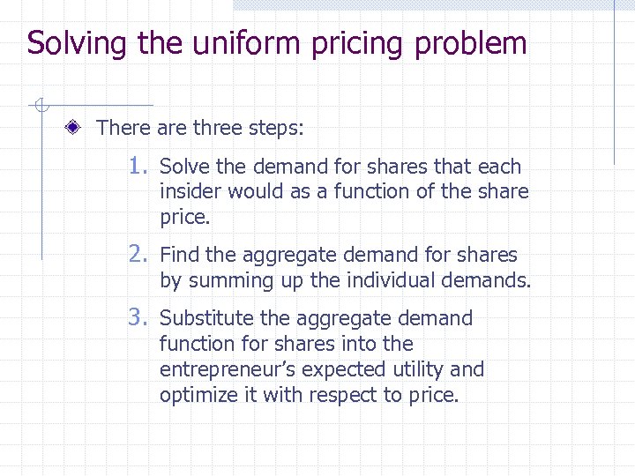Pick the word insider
(x=190, y=191)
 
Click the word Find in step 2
(x=180, y=256)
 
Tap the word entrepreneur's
(x=225, y=369)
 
